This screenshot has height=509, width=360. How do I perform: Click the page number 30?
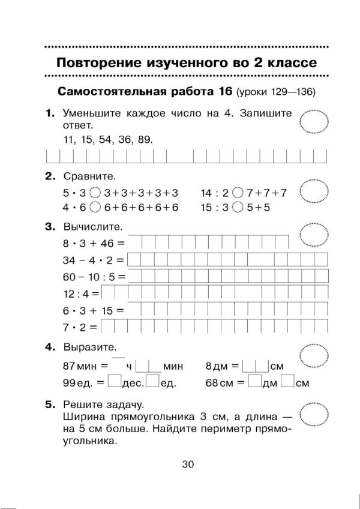(x=180, y=463)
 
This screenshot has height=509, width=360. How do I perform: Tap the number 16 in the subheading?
(x=221, y=92)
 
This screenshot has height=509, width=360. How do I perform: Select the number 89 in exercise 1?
(x=145, y=139)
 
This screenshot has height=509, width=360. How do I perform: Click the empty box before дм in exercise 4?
(x=254, y=381)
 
